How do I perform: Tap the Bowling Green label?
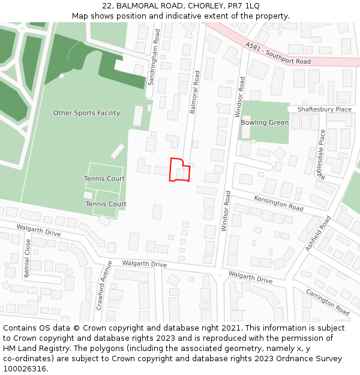click(265, 122)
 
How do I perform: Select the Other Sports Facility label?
click(86, 113)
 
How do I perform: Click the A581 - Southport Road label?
click(278, 53)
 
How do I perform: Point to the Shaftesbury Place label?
click(325, 109)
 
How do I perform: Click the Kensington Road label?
click(278, 203)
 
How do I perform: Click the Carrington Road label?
click(328, 302)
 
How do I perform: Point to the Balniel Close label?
click(27, 258)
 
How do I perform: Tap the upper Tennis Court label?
click(104, 179)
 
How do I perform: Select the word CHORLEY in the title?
click(203, 5)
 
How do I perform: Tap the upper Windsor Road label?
click(241, 97)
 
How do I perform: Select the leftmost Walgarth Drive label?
click(39, 230)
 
